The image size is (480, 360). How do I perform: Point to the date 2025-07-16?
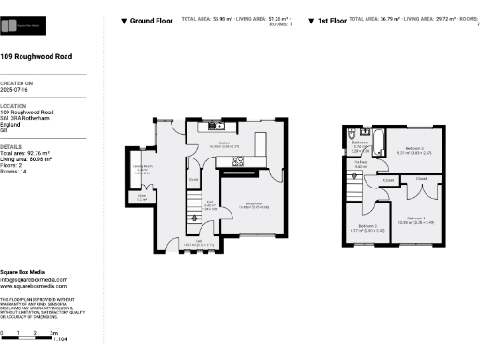17,89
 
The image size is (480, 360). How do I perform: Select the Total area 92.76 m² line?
29,152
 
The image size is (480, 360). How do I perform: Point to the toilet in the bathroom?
351,157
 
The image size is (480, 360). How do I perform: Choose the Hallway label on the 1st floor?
361,164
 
